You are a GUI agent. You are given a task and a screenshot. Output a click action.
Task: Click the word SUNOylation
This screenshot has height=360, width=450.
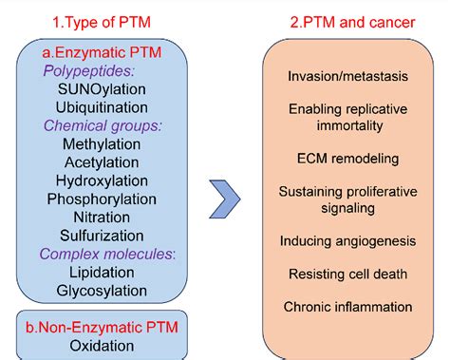pyautogui.click(x=102, y=89)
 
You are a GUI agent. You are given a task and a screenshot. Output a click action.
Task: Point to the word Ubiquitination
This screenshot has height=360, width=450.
pyautogui.click(x=102, y=107)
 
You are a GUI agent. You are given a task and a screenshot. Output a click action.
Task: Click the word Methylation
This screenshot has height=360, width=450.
pyautogui.click(x=102, y=144)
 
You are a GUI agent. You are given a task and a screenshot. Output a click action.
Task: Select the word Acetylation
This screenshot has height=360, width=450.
pyautogui.click(x=102, y=162)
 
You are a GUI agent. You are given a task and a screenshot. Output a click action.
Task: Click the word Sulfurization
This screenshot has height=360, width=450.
pyautogui.click(x=102, y=236)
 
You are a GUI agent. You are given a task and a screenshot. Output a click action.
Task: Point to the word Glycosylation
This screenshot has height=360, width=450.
pyautogui.click(x=102, y=290)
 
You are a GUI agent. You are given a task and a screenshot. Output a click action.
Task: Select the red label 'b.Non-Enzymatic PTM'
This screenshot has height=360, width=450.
pyautogui.click(x=102, y=328)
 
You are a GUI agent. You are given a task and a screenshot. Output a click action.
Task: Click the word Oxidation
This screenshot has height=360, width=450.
pyautogui.click(x=102, y=347)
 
